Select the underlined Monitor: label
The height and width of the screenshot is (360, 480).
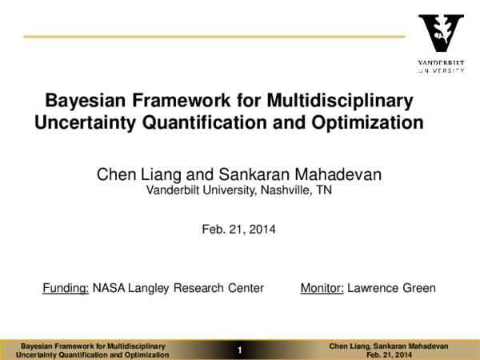[x=322, y=288]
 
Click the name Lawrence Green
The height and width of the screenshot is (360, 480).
[x=391, y=288]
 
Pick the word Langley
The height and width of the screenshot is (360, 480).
[x=150, y=288]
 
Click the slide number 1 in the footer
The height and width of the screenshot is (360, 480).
[x=239, y=350]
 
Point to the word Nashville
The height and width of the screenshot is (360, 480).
[x=287, y=190]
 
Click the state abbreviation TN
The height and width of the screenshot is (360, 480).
[x=324, y=190]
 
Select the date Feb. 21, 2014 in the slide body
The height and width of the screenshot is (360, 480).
[x=239, y=230]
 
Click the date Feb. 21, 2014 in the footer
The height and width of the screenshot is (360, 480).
[x=389, y=354]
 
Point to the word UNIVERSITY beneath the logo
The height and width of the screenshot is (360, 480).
[x=441, y=70]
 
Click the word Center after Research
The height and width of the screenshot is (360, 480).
[x=246, y=288]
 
